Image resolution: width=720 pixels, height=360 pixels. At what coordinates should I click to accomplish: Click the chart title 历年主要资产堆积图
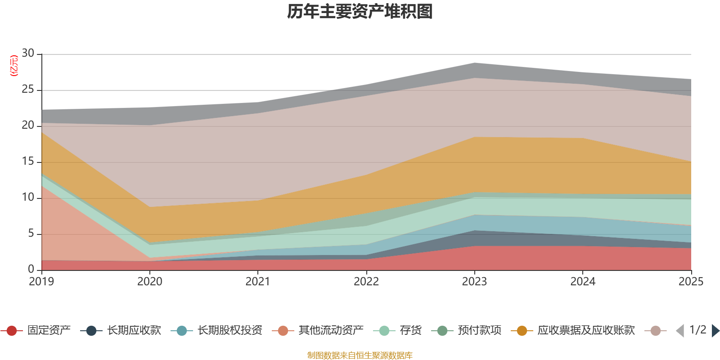pos(360,12)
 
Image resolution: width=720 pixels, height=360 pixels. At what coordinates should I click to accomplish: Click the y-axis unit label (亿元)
pos(14,66)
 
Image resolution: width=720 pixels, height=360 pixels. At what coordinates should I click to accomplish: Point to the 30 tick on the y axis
pos(28,54)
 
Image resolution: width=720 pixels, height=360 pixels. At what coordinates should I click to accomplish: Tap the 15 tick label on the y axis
pos(28,162)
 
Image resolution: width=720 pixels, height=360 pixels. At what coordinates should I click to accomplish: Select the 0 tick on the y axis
pos(31,269)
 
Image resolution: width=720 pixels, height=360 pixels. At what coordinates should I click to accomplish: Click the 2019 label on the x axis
pos(41,282)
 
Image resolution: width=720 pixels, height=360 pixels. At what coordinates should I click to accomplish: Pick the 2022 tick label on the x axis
pos(366,282)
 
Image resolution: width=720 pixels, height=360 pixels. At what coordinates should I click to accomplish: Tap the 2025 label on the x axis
pos(691,282)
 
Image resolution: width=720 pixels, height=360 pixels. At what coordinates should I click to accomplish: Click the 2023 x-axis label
pos(474,282)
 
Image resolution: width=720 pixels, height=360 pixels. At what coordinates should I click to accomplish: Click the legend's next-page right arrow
pos(715,331)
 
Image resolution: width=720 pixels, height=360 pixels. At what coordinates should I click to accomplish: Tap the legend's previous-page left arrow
pos(680,331)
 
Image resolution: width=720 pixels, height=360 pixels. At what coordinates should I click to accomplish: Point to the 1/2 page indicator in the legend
pos(697,330)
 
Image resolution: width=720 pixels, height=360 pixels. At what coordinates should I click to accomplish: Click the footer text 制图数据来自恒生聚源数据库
pos(360,355)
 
